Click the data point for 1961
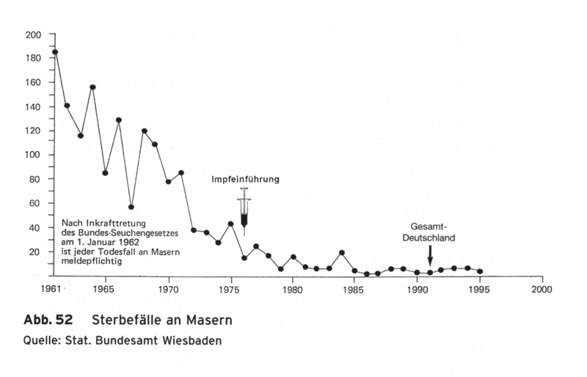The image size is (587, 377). (55, 52)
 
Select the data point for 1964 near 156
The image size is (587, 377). (93, 87)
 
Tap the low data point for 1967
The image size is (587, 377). (131, 207)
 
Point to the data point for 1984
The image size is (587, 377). (343, 253)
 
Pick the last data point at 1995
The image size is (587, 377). (480, 271)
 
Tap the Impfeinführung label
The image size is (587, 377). (246, 179)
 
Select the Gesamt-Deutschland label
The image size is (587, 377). (431, 232)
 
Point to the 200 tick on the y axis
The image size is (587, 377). (34, 34)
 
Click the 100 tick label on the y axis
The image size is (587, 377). (34, 155)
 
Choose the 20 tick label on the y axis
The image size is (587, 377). (35, 252)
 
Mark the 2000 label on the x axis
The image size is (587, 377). (542, 288)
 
